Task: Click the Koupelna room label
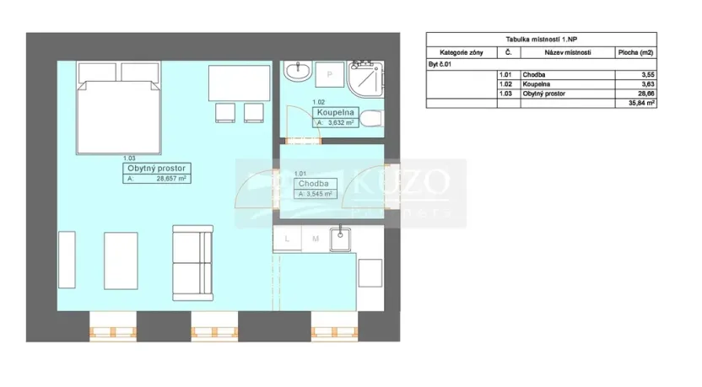337,112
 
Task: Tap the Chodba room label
316,183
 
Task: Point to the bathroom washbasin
297,73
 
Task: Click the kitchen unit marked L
288,239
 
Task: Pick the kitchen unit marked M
314,239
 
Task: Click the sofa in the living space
192,261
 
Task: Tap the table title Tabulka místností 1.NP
541,39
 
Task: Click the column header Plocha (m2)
637,52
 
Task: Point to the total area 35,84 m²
642,103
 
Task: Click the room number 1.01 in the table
507,74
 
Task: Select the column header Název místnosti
568,52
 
